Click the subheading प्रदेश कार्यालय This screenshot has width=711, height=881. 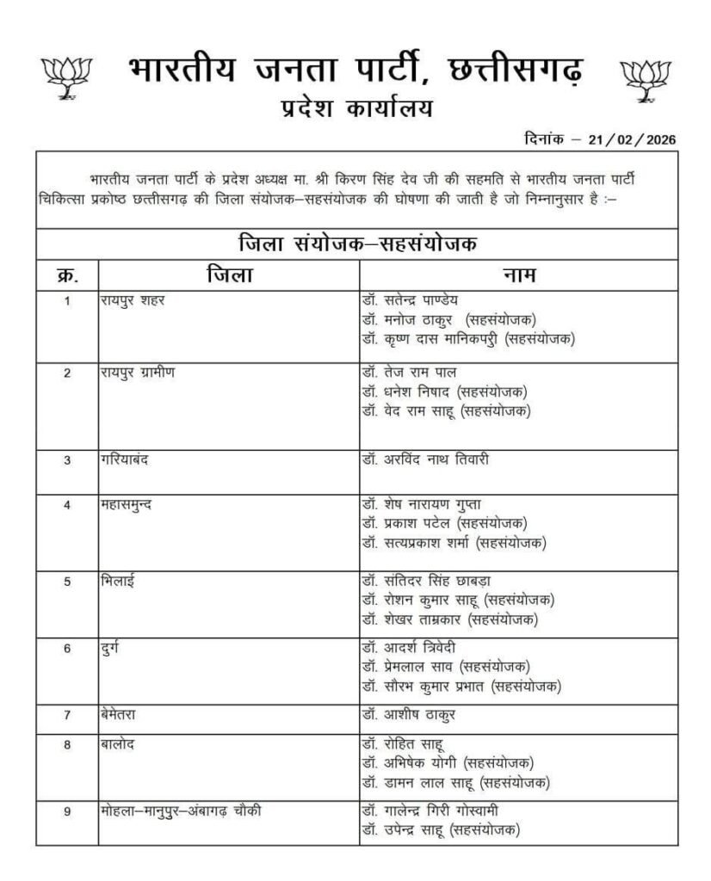click(x=355, y=109)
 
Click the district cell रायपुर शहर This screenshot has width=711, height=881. click(x=132, y=300)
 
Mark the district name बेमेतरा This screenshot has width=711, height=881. click(x=121, y=714)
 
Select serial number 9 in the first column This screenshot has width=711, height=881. click(x=67, y=811)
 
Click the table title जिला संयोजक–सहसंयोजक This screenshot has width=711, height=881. click(x=355, y=243)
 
